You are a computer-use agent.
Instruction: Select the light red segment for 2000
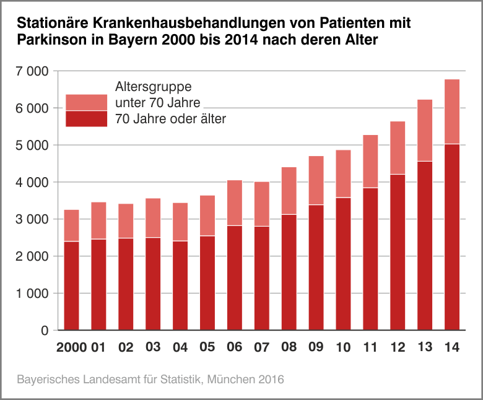pyautogui.click(x=71, y=225)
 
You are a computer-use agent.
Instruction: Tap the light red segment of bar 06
pyautogui.click(x=235, y=203)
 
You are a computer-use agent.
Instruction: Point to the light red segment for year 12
pyautogui.click(x=398, y=148)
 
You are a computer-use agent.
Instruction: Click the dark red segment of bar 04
pyautogui.click(x=180, y=285)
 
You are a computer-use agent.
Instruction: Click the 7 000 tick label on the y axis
pyautogui.click(x=31, y=71)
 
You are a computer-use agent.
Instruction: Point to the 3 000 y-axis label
pyautogui.click(x=31, y=219)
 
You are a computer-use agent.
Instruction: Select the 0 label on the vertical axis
pyautogui.click(x=45, y=331)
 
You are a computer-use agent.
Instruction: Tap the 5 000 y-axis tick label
pyautogui.click(x=31, y=145)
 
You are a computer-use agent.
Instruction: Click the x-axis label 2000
pyautogui.click(x=71, y=347)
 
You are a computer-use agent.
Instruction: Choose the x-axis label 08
pyautogui.click(x=289, y=347)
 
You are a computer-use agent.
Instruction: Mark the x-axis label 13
pyautogui.click(x=425, y=347)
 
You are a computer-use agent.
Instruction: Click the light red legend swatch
pyautogui.click(x=87, y=102)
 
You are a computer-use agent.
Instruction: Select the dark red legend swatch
pyautogui.click(x=87, y=119)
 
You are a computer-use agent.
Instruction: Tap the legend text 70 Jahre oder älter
pyautogui.click(x=170, y=119)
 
